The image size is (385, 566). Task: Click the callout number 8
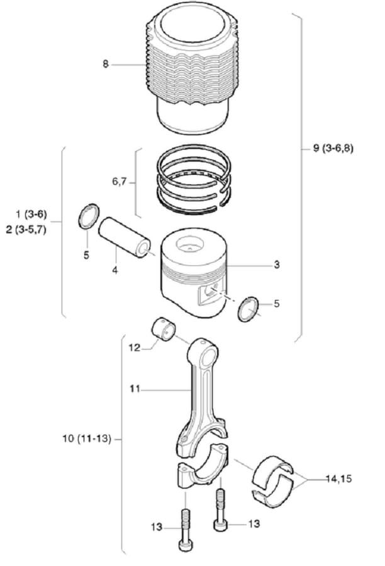106,64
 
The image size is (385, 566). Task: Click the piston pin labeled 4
125,236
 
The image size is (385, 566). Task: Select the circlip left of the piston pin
88,217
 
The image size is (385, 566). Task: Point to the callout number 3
276,265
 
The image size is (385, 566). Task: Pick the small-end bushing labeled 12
165,330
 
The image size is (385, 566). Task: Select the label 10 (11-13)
87,438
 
